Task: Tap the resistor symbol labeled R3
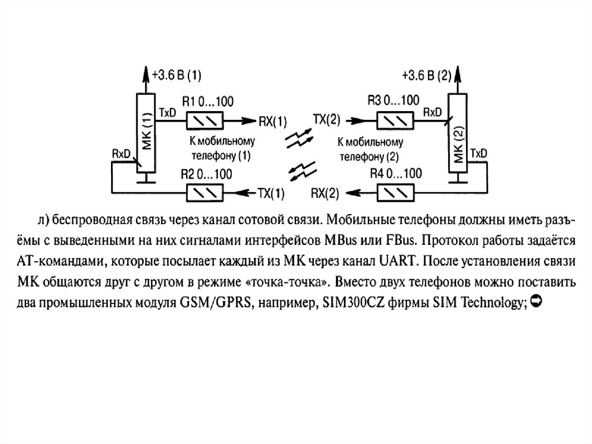tap(395, 121)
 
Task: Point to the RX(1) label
tap(273, 122)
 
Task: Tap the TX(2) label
tap(327, 120)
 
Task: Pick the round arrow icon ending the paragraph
tap(534, 301)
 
